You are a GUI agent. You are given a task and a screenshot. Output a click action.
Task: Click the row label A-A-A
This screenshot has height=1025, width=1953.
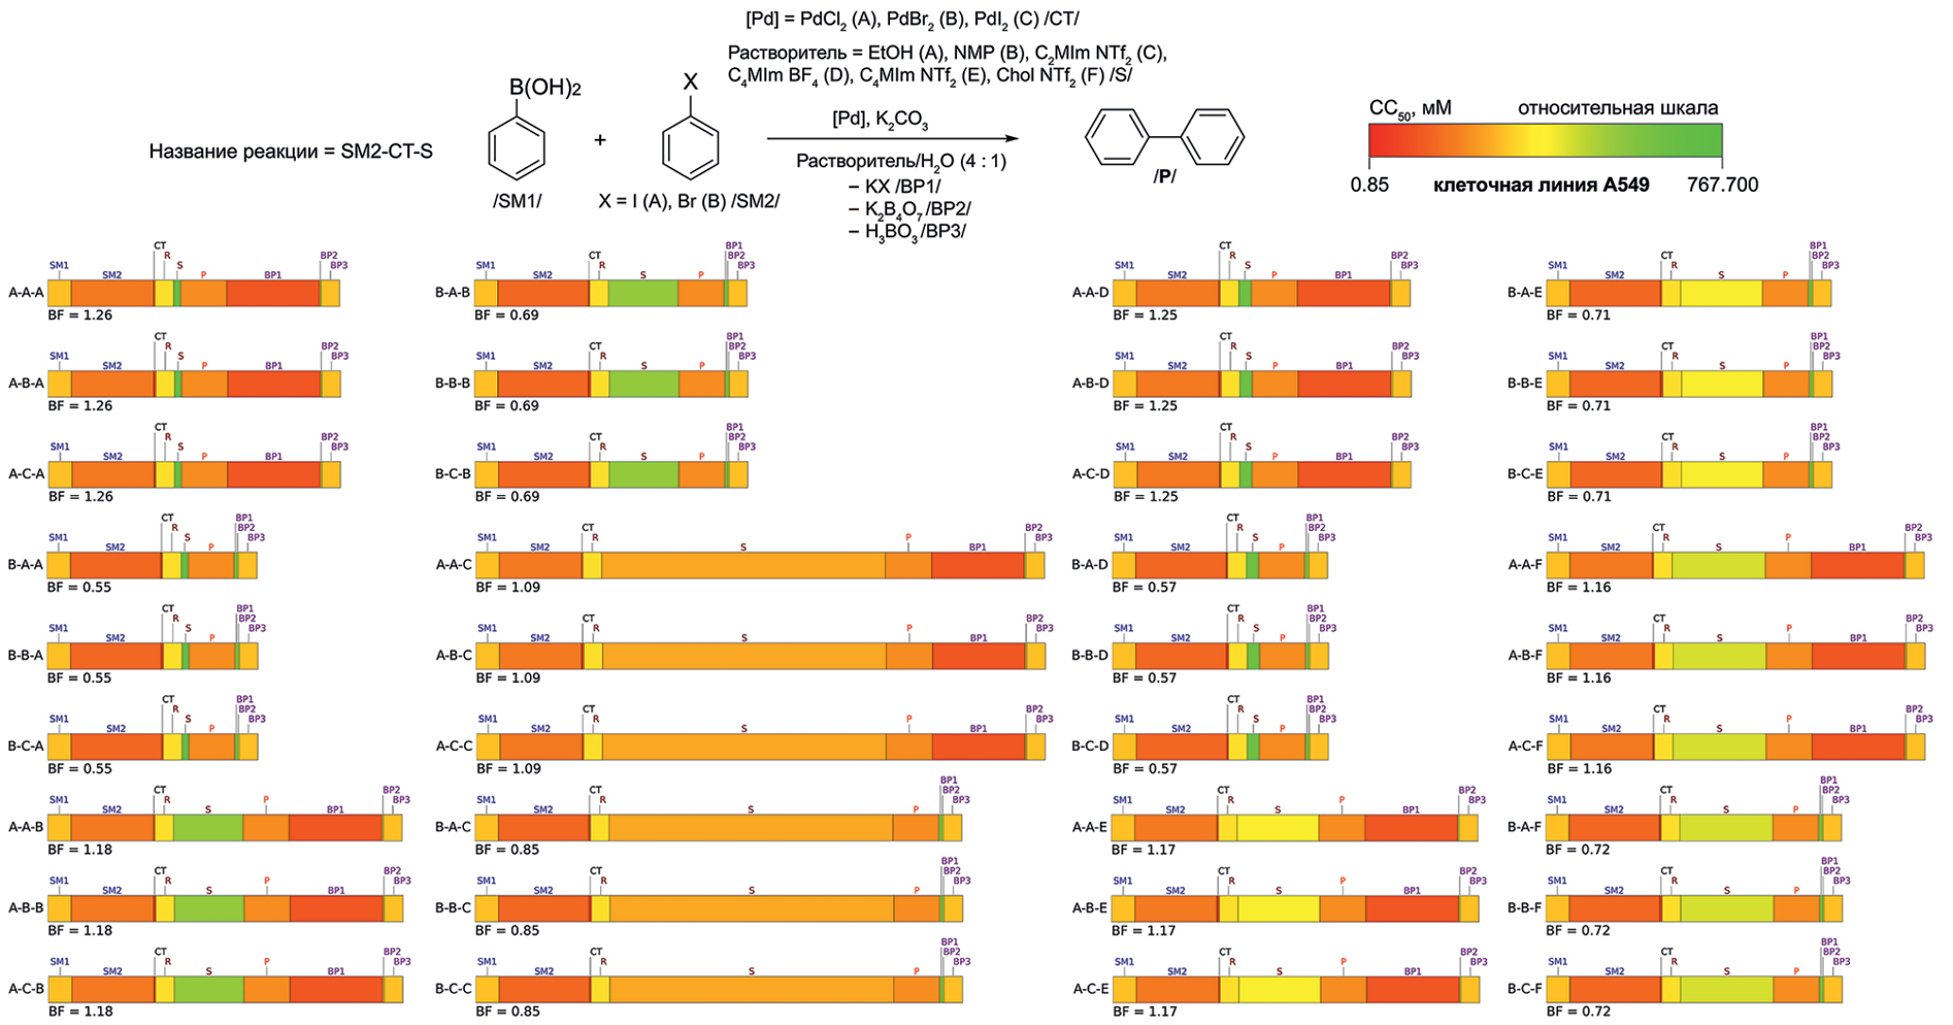pyautogui.click(x=26, y=293)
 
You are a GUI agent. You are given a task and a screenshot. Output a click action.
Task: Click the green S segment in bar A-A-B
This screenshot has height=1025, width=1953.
pyautogui.click(x=208, y=828)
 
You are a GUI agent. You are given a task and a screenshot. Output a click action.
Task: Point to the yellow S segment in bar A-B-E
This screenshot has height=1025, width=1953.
pyautogui.click(x=1278, y=909)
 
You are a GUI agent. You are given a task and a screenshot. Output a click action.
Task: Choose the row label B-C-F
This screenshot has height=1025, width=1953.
pyautogui.click(x=1524, y=989)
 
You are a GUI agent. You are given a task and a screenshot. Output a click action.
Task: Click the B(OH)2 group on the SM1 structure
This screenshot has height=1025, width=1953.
pyautogui.click(x=544, y=89)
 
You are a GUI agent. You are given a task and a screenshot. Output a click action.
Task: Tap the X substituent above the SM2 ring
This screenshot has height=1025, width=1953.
pyautogui.click(x=691, y=82)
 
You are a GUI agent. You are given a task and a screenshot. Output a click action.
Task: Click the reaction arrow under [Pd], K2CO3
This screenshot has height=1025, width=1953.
pyautogui.click(x=892, y=139)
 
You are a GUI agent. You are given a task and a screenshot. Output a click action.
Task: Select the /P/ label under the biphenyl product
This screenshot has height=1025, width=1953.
pyautogui.click(x=1164, y=177)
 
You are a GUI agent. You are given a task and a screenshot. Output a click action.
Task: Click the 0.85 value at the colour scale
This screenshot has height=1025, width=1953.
pyautogui.click(x=1369, y=185)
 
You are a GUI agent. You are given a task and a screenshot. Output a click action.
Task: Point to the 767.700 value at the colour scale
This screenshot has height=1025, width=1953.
pyautogui.click(x=1722, y=185)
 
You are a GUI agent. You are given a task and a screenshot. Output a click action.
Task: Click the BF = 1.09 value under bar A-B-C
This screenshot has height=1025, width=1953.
pyautogui.click(x=507, y=678)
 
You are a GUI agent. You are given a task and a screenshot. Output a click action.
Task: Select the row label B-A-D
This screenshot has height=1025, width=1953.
pyautogui.click(x=1089, y=565)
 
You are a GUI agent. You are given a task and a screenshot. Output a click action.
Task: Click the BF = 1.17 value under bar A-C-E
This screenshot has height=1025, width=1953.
pyautogui.click(x=1145, y=1012)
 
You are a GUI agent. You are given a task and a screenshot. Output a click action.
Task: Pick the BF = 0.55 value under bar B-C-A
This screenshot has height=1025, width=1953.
pyautogui.click(x=79, y=769)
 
